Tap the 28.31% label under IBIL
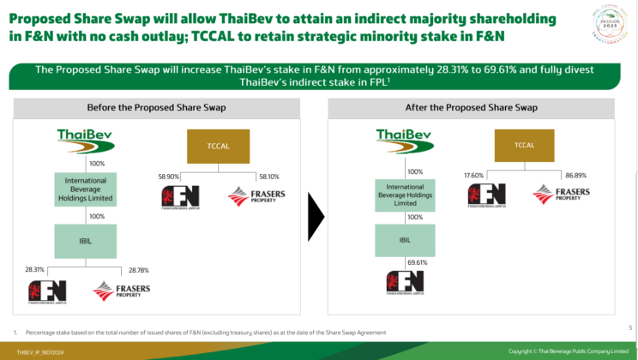pyautogui.click(x=36, y=267)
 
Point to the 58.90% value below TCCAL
pyautogui.click(x=168, y=176)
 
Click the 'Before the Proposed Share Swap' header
pyautogui.click(x=154, y=108)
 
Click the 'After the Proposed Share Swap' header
pyautogui.click(x=471, y=108)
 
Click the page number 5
pyautogui.click(x=629, y=327)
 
